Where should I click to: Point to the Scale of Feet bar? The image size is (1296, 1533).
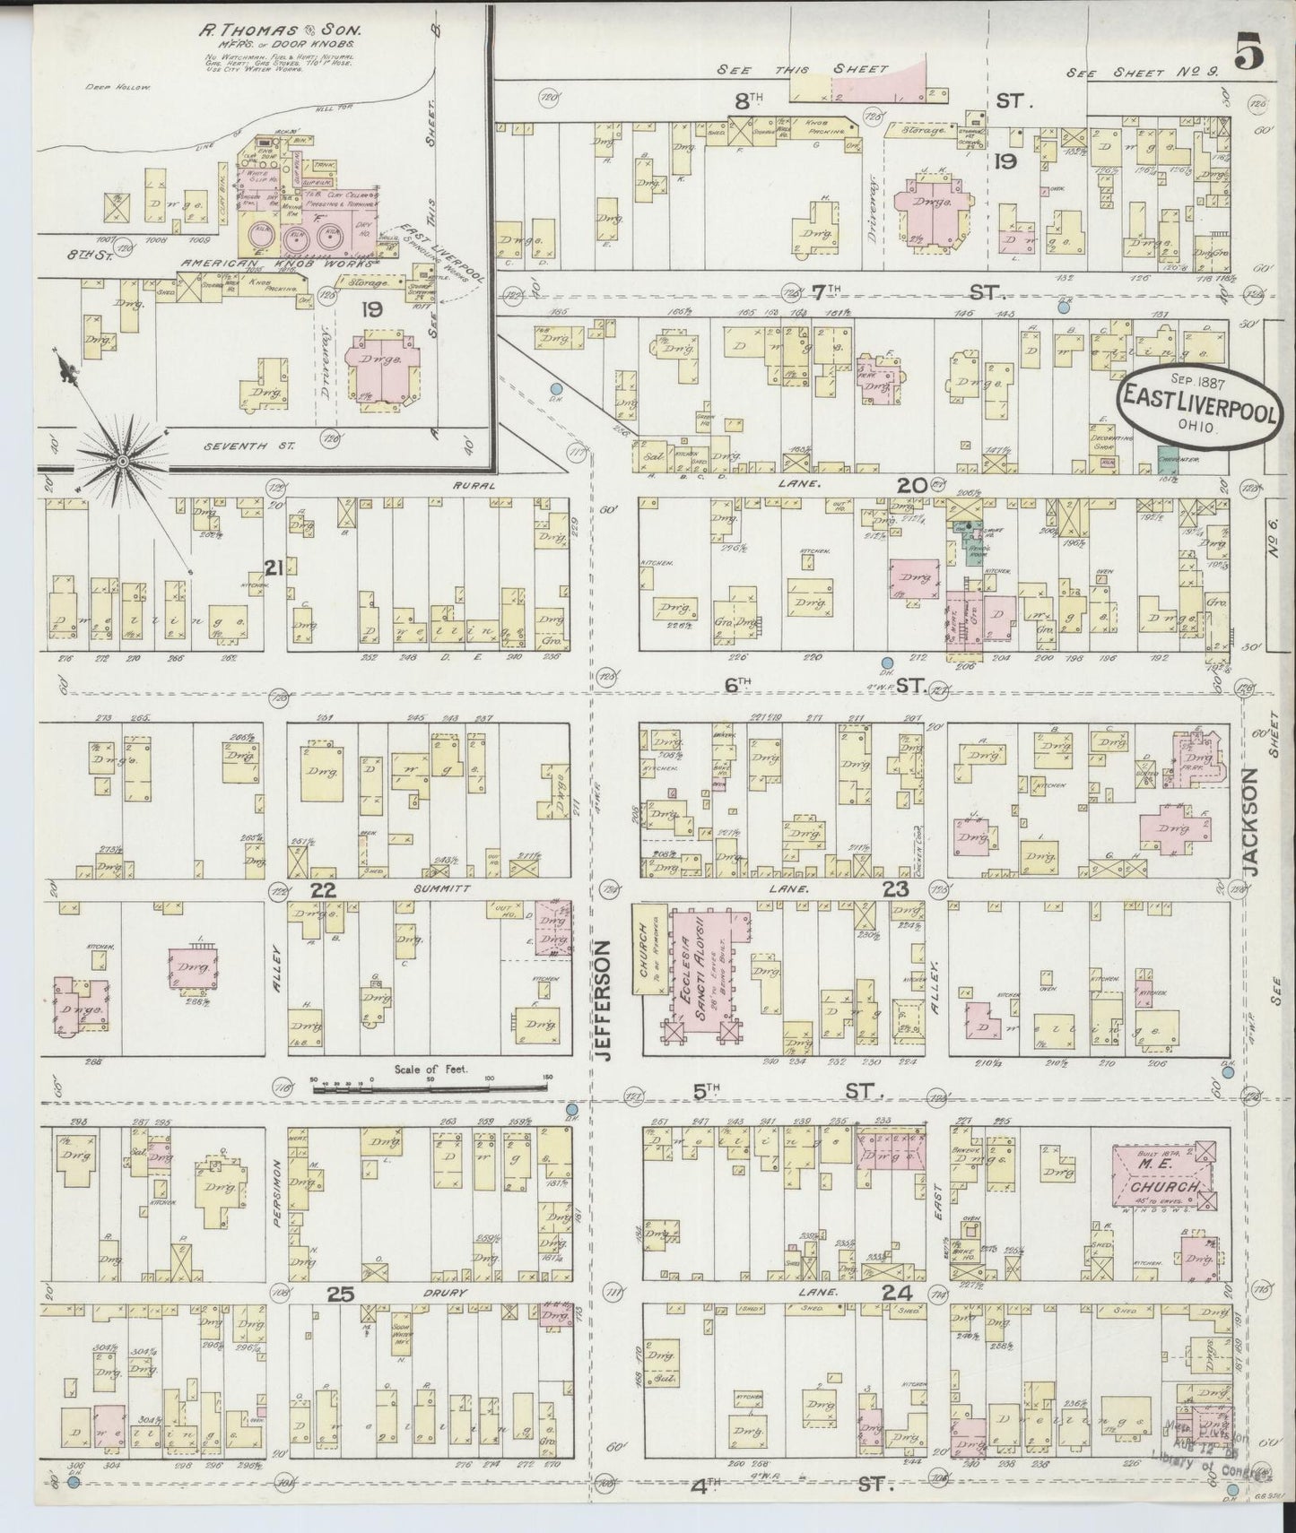pos(431,1087)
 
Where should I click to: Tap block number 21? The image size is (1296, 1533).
pos(274,566)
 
